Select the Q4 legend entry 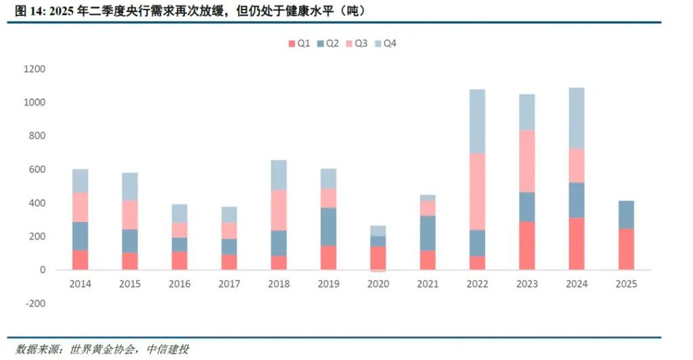click(385, 43)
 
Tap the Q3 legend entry click(356, 43)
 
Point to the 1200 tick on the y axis click(35, 69)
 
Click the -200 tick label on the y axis click(35, 303)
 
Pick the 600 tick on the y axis click(37, 169)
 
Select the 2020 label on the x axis click(378, 284)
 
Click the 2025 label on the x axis click(626, 284)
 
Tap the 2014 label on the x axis click(81, 284)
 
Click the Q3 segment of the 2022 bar click(477, 192)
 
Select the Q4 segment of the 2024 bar click(577, 118)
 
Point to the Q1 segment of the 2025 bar click(626, 249)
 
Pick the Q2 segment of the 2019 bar click(329, 227)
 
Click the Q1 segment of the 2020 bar click(378, 258)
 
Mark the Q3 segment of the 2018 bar click(279, 210)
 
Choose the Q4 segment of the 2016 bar click(179, 214)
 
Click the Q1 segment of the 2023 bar click(527, 246)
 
